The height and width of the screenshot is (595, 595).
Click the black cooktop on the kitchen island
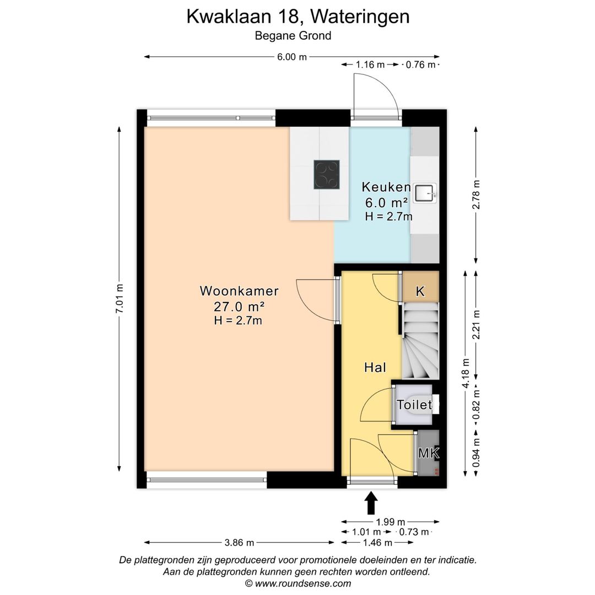click(x=327, y=175)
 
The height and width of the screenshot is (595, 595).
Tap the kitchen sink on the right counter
click(x=425, y=192)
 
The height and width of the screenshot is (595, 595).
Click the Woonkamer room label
click(x=239, y=291)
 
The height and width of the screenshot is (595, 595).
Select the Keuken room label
click(x=386, y=187)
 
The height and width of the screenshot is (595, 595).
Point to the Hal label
click(x=375, y=367)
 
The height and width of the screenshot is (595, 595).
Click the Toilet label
click(x=414, y=405)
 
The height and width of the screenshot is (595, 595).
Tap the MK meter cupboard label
click(x=428, y=453)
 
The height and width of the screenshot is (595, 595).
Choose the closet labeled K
click(x=420, y=291)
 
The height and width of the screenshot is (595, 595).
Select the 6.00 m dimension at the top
click(x=291, y=57)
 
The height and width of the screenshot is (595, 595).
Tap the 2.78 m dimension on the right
click(x=477, y=194)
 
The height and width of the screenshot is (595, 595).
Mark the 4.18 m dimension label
click(x=466, y=374)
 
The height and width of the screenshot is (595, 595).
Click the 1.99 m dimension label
click(x=390, y=522)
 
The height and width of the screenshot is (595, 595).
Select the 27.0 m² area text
click(x=239, y=307)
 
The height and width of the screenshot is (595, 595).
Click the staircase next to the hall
click(x=420, y=343)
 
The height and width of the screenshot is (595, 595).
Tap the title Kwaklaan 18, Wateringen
click(x=297, y=17)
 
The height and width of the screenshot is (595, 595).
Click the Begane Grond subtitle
click(x=293, y=36)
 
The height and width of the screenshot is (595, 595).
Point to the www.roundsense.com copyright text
click(x=297, y=583)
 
